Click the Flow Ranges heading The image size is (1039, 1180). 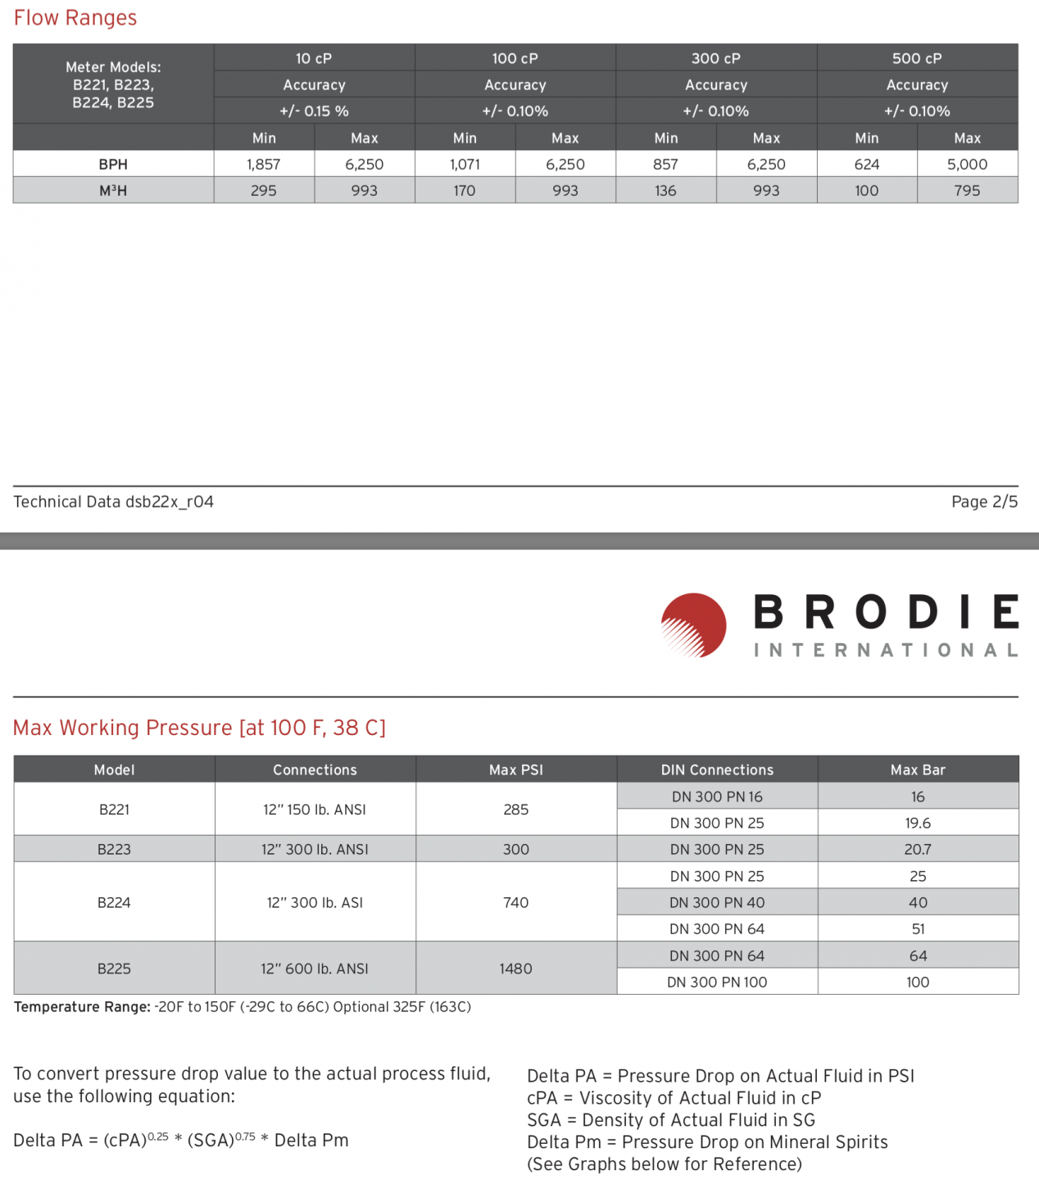[75, 18]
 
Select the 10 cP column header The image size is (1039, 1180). [314, 58]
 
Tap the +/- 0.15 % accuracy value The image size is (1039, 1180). [314, 111]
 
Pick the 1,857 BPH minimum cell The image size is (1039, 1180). [264, 164]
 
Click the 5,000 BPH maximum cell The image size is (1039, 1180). [967, 164]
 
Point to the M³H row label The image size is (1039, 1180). [113, 190]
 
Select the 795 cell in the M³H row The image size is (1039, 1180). [967, 190]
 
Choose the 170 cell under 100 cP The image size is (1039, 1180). [465, 190]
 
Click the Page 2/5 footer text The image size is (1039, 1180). [984, 501]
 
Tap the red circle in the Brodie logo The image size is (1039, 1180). [694, 625]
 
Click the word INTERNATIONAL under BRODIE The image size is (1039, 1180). [886, 650]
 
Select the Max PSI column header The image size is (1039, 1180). [516, 769]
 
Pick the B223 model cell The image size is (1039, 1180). [114, 849]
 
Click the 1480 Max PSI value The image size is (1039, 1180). [516, 969]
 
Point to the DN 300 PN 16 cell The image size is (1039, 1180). [717, 796]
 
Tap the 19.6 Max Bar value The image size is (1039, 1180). [918, 823]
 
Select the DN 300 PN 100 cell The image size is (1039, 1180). [717, 982]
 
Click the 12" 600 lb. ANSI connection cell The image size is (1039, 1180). [315, 969]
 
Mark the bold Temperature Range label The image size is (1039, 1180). [82, 1006]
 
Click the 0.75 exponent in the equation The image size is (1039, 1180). [245, 1137]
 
